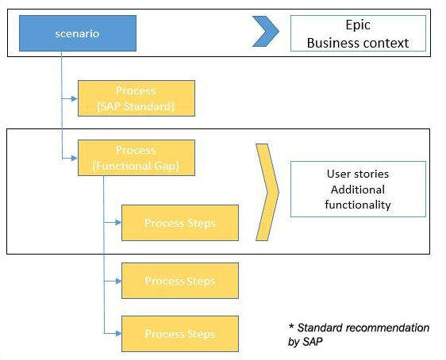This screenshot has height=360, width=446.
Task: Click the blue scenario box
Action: (78, 33)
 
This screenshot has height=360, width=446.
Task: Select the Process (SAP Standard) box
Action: (136, 98)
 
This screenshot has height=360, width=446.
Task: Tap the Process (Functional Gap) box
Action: (136, 158)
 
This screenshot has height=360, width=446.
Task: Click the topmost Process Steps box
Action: (180, 223)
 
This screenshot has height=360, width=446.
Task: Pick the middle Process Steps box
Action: (180, 281)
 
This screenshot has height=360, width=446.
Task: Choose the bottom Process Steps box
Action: (180, 334)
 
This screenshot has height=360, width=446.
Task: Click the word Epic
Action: (358, 25)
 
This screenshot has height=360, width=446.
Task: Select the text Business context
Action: (358, 43)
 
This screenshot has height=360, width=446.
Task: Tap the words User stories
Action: (358, 174)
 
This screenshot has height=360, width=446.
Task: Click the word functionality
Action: (358, 205)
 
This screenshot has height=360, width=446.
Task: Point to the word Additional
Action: (358, 190)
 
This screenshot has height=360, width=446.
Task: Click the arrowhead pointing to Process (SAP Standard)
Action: (75, 98)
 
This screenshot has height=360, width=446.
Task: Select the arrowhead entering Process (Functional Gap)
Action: (75, 158)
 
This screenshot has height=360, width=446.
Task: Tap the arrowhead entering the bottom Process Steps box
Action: (118, 333)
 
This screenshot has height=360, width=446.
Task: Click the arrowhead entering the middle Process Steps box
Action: (118, 281)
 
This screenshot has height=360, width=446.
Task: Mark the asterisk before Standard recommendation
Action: (291, 326)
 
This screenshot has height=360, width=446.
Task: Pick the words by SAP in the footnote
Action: (306, 341)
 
